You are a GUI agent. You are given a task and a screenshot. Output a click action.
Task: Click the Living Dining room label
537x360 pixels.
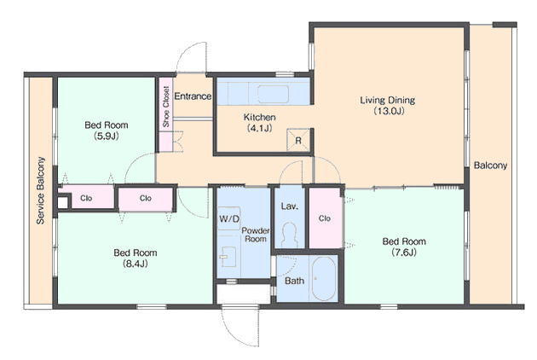tap(387, 100)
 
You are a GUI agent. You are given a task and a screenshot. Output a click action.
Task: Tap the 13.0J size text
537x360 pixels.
tap(389, 111)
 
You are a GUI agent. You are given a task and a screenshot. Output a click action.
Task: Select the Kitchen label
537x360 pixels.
tap(260, 117)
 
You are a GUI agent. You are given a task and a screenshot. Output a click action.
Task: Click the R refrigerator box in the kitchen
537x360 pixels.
tap(298, 140)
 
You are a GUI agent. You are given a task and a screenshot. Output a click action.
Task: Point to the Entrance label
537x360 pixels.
tap(193, 96)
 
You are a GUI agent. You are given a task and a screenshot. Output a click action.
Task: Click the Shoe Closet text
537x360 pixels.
tap(166, 107)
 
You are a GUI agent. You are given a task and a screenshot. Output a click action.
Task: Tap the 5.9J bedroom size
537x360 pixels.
tap(107, 136)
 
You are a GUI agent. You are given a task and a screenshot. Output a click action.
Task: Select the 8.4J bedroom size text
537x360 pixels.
tap(136, 264)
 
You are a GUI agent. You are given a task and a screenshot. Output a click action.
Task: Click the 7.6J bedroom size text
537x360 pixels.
tap(404, 253)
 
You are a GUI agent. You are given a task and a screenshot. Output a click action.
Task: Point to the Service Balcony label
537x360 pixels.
tap(40, 190)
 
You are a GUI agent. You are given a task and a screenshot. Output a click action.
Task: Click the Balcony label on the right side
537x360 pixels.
tap(490, 165)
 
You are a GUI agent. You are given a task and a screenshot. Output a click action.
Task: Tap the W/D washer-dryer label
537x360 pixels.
tap(229, 218)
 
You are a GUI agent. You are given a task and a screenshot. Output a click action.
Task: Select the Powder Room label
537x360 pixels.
tap(256, 235)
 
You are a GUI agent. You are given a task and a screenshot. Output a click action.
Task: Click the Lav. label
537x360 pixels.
tap(290, 206)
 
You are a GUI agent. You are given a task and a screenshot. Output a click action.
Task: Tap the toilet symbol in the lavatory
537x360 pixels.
tap(290, 235)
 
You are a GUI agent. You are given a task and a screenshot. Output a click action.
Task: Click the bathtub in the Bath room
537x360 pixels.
tap(324, 279)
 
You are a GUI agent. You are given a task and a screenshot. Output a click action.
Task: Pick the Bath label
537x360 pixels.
tap(295, 281)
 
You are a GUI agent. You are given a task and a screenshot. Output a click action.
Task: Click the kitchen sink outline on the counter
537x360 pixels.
tap(273, 94)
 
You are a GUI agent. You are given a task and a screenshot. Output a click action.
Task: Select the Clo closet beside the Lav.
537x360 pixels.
tap(324, 218)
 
